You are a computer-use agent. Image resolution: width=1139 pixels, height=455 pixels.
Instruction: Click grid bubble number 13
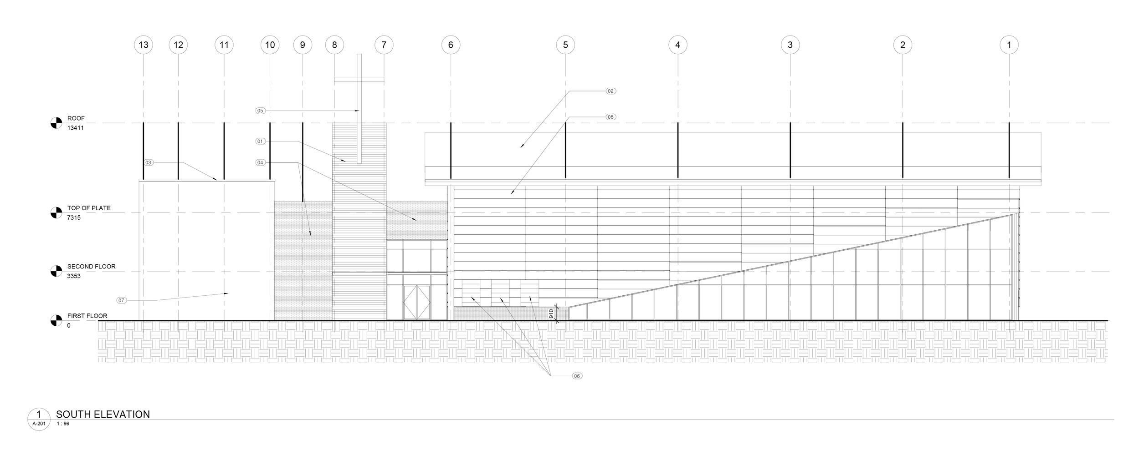(144, 45)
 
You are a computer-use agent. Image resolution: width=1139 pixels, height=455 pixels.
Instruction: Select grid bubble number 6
(451, 45)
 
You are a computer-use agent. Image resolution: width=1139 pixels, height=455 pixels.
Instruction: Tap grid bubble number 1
(1009, 45)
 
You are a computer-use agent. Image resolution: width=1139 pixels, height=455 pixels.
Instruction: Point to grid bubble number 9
(303, 45)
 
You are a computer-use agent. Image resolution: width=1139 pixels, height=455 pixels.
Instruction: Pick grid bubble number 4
(678, 45)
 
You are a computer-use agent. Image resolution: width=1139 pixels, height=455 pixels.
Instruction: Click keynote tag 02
(611, 91)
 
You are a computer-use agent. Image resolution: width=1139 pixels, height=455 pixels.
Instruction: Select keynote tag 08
(611, 117)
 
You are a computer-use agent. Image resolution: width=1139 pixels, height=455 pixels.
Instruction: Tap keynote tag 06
(577, 376)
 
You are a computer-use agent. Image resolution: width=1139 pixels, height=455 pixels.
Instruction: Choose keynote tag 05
(260, 111)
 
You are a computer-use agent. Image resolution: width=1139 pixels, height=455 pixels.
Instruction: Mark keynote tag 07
(121, 300)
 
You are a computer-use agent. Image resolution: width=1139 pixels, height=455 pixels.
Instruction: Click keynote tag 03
(149, 162)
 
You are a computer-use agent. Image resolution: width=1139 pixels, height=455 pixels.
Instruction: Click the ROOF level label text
(76, 118)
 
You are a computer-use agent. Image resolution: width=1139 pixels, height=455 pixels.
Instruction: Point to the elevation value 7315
(74, 218)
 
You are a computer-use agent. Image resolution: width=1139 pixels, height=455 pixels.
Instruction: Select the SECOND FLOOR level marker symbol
(56, 271)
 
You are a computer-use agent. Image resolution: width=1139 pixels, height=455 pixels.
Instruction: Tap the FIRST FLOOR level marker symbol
(56, 320)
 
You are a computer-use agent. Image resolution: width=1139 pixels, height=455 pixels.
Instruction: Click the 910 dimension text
(551, 313)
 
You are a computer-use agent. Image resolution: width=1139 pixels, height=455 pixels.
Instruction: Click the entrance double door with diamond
(416, 303)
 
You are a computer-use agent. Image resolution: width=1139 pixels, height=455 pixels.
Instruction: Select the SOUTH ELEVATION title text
(103, 415)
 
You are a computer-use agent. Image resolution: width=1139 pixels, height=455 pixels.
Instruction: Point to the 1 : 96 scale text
(63, 424)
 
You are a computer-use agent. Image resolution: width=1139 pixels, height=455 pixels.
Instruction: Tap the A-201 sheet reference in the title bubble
(38, 424)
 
